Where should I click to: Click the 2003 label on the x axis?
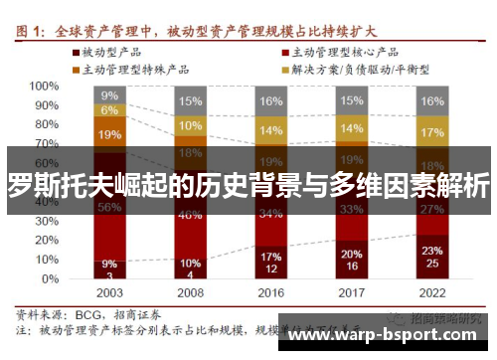pyautogui.click(x=109, y=292)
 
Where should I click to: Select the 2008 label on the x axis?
pyautogui.click(x=190, y=292)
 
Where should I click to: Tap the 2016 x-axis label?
pyautogui.click(x=270, y=292)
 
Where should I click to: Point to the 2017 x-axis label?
pyautogui.click(x=351, y=292)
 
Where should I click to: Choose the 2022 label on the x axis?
pyautogui.click(x=432, y=292)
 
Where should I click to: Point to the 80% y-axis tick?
pyautogui.click(x=45, y=124)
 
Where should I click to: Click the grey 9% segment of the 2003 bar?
pyautogui.click(x=109, y=94)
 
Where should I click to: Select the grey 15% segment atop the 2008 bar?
pyautogui.click(x=190, y=100)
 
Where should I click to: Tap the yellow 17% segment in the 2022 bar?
pyautogui.click(x=432, y=132)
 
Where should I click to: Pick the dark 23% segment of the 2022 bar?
pyautogui.click(x=432, y=257)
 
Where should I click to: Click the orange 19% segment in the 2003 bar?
pyautogui.click(x=109, y=133)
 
